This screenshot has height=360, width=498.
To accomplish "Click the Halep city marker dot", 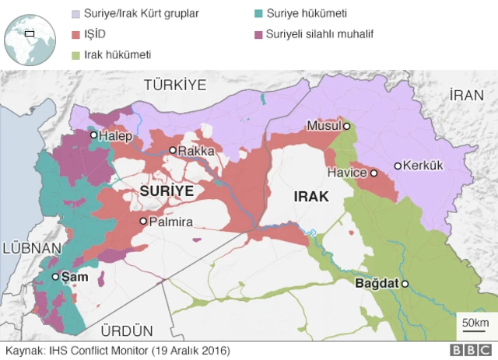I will point(93,135).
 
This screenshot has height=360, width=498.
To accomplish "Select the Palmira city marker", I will point(143,222).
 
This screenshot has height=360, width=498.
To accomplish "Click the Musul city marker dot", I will point(347,126).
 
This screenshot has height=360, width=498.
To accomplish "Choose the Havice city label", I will point(346,173).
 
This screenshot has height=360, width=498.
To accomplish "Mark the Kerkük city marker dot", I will point(398,166).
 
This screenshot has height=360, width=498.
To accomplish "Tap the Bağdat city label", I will point(376,285).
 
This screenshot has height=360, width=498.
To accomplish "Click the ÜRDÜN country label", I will point(129,330).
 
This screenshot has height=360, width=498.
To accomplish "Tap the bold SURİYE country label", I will point(167,190).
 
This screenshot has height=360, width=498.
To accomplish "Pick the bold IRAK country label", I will point(311,197).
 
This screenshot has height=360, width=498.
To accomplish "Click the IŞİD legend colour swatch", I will point(75,35).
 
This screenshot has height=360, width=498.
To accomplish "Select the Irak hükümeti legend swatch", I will point(75,55).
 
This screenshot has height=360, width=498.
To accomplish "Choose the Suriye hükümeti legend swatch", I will point(258,14).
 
